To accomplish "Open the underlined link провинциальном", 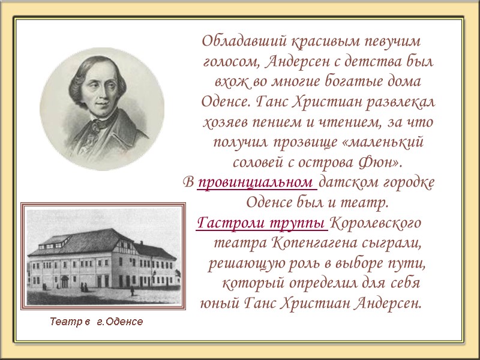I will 256,182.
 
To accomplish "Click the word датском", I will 343,182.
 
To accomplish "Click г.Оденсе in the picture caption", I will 120,322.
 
